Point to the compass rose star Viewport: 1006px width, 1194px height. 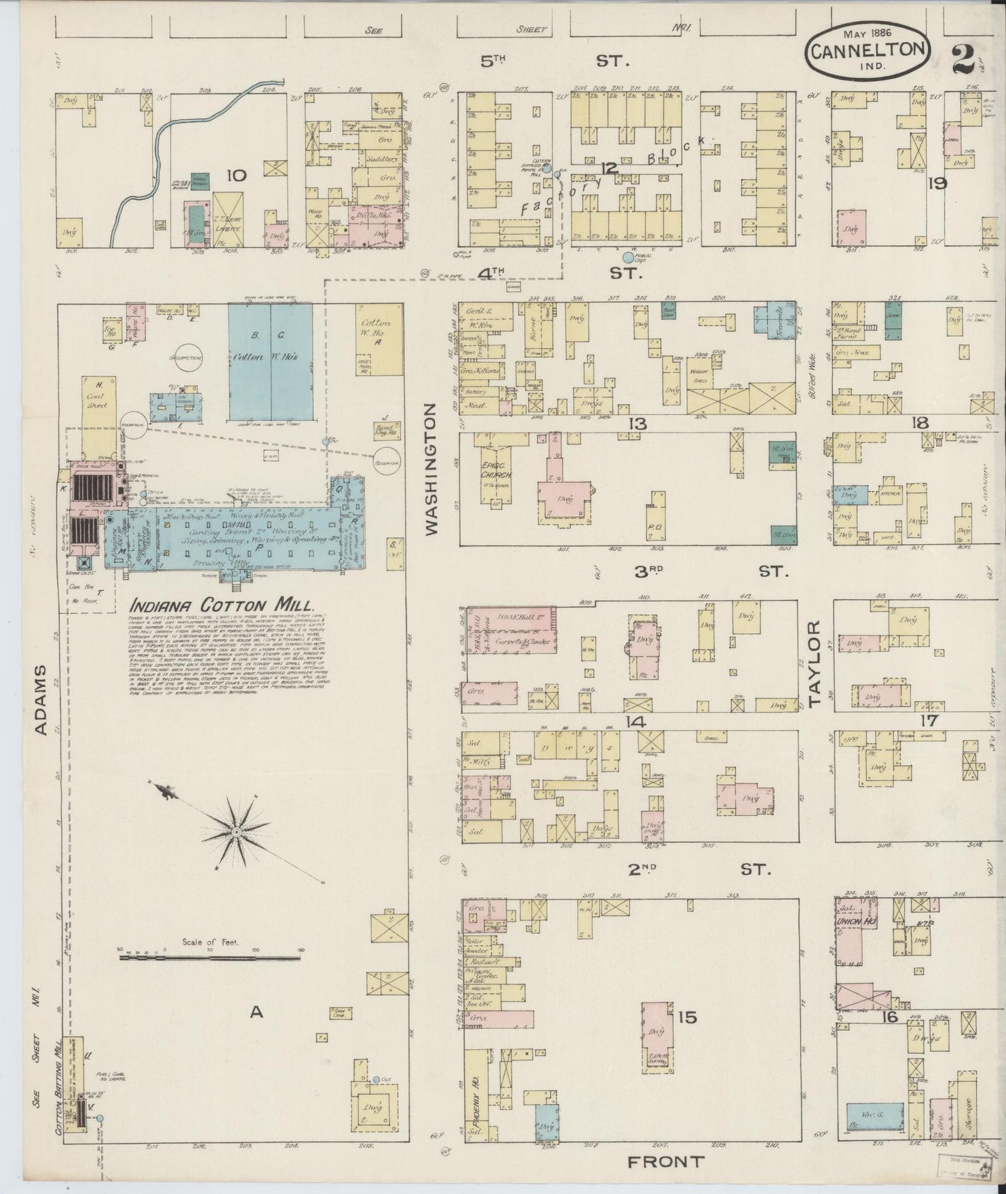[x=237, y=831]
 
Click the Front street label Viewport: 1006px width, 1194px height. [x=666, y=1161]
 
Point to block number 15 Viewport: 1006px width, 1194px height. [x=686, y=1018]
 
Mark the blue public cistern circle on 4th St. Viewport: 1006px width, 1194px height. [x=629, y=258]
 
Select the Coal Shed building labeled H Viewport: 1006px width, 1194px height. [x=97, y=398]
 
